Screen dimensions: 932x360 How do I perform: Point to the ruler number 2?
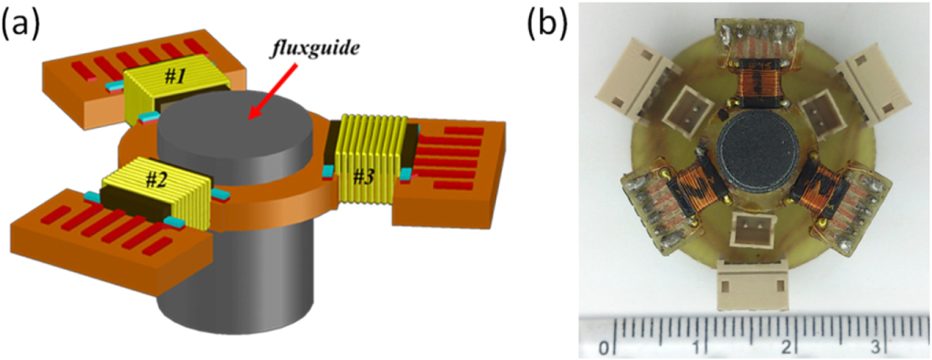[787, 347]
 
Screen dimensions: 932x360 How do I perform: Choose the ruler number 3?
[874, 347]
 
